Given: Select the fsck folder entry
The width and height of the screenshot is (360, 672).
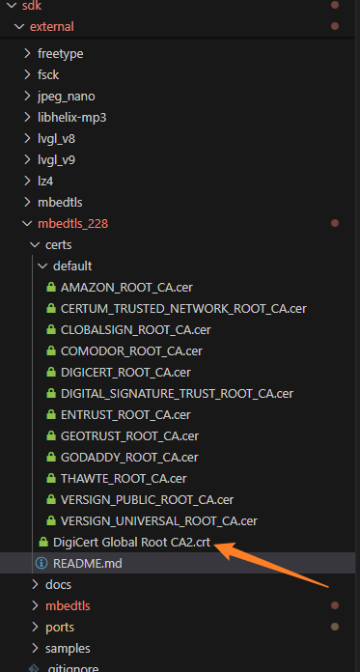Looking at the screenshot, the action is [x=48, y=74].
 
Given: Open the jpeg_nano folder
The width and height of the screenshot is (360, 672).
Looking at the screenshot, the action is [x=66, y=96].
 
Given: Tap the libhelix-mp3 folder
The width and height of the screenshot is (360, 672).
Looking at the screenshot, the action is [x=71, y=117].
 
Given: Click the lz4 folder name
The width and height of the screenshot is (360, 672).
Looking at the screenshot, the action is [x=45, y=181].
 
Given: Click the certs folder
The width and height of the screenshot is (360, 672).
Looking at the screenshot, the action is [x=59, y=244].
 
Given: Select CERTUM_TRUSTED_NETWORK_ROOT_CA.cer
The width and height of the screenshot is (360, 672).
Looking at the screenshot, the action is [x=183, y=308].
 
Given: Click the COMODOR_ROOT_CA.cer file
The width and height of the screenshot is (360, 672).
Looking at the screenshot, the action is [x=131, y=350].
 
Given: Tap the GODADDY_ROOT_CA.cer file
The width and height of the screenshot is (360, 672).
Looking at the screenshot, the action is [x=129, y=457].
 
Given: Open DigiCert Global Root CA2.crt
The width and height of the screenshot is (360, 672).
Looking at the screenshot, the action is [x=131, y=542].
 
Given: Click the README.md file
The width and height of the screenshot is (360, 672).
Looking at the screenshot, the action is [x=87, y=563].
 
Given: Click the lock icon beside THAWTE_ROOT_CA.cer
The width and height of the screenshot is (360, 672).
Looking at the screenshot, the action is [x=52, y=478].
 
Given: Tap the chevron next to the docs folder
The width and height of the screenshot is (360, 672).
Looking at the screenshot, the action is [x=36, y=584].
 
